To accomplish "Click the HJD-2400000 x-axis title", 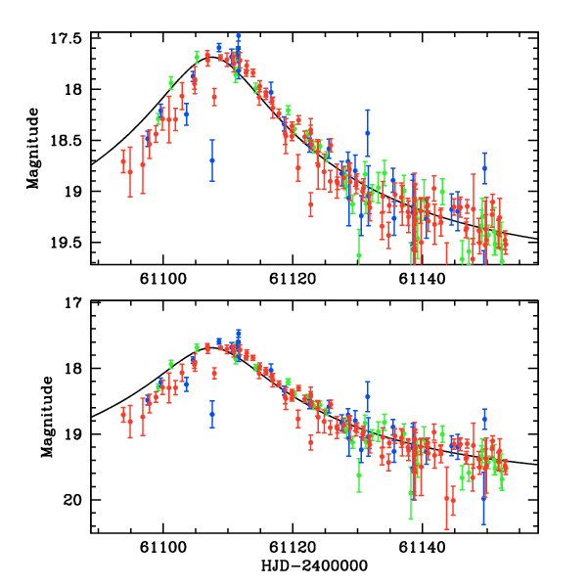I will point(316,566).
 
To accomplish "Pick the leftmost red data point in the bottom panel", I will point(123,415).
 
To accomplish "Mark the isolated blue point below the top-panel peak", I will point(211,160).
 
